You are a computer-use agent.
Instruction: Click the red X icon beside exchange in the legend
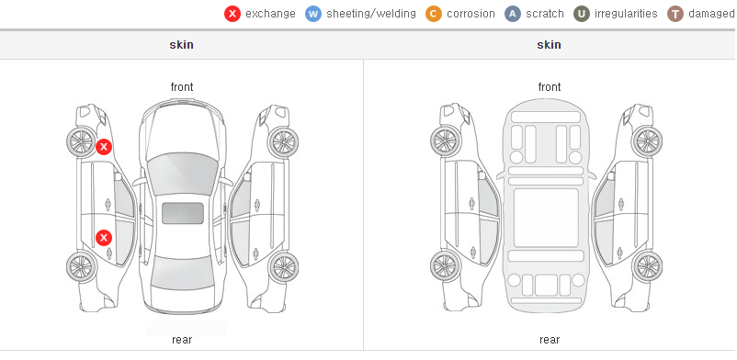pyautogui.click(x=232, y=14)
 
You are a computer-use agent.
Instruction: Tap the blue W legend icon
pyautogui.click(x=313, y=14)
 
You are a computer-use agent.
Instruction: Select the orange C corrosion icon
pyautogui.click(x=434, y=14)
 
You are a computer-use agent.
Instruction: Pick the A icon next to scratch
pyautogui.click(x=513, y=14)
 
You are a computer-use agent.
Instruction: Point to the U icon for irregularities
pyautogui.click(x=582, y=14)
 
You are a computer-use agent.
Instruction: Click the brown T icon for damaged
pyautogui.click(x=675, y=14)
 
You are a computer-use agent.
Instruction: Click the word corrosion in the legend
pyautogui.click(x=471, y=14)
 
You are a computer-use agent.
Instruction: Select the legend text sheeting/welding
pyautogui.click(x=371, y=14)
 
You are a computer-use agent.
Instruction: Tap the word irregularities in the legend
pyautogui.click(x=626, y=14)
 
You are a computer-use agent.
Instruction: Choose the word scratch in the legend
pyautogui.click(x=545, y=14)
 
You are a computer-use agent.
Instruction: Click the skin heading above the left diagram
pyautogui.click(x=181, y=45)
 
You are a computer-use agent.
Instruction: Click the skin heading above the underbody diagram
pyautogui.click(x=549, y=45)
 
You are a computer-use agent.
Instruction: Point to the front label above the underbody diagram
pyautogui.click(x=550, y=87)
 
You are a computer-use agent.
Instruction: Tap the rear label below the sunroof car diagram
pyautogui.click(x=182, y=340)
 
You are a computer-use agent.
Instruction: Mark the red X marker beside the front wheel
pyautogui.click(x=104, y=147)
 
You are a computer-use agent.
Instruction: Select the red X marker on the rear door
pyautogui.click(x=104, y=238)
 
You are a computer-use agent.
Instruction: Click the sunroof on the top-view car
pyautogui.click(x=183, y=213)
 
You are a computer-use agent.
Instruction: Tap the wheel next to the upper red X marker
pyautogui.click(x=81, y=141)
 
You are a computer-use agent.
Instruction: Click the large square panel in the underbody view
pyautogui.click(x=546, y=218)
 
